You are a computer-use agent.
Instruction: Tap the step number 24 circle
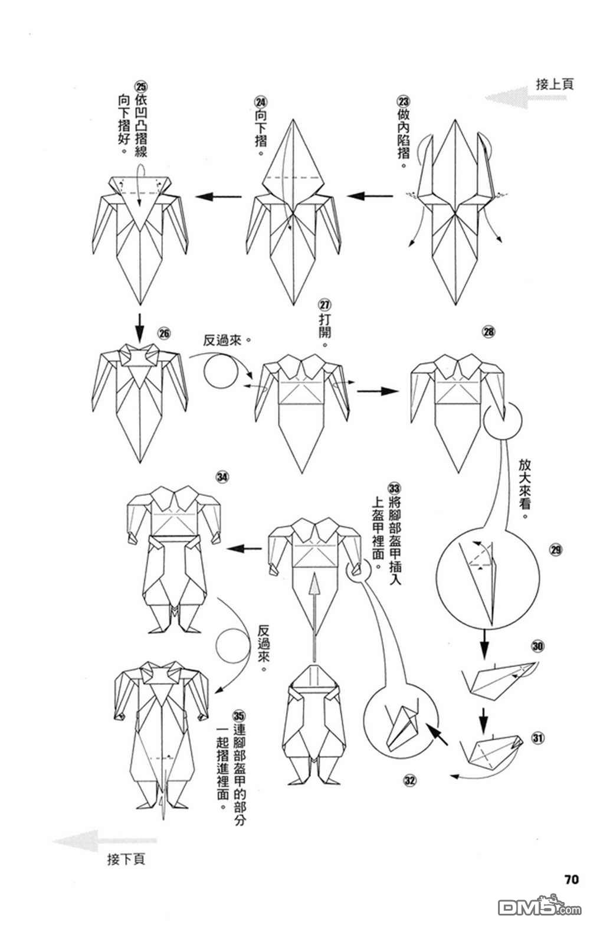click(261, 102)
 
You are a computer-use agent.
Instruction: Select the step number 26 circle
click(165, 334)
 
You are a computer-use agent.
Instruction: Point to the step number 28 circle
click(489, 332)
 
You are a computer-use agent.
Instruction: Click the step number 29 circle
click(555, 550)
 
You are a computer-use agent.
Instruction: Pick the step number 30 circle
click(537, 646)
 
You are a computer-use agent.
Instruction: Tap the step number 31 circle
click(537, 738)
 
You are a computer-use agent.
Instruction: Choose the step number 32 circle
click(409, 781)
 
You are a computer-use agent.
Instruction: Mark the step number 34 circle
click(222, 477)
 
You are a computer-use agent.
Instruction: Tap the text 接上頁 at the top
click(555, 84)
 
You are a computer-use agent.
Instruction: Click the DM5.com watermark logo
click(539, 907)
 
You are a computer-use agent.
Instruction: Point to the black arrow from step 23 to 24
click(370, 196)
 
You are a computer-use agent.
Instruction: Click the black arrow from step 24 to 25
click(219, 197)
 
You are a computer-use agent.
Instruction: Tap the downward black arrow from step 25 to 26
click(140, 328)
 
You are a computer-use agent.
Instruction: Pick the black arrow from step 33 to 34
click(244, 548)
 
